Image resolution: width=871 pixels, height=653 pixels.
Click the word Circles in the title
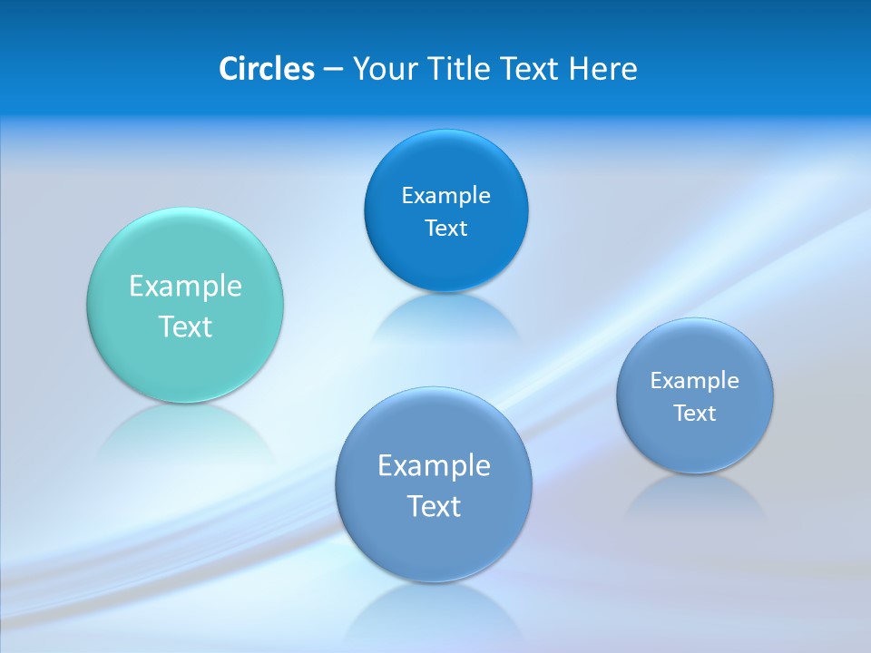click(x=266, y=69)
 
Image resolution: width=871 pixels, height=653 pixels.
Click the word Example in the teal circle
click(x=185, y=287)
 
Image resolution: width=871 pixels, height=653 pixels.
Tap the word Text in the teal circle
click(x=185, y=326)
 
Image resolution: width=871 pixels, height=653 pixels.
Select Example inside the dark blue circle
click(x=445, y=196)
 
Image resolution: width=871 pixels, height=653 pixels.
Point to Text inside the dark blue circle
click(x=445, y=229)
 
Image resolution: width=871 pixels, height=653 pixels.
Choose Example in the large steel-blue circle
click(x=434, y=466)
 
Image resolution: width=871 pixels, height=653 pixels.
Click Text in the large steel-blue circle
click(x=434, y=506)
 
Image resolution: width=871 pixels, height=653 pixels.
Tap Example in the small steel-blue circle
click(x=694, y=381)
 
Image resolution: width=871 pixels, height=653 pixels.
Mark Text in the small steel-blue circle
click(x=694, y=414)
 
